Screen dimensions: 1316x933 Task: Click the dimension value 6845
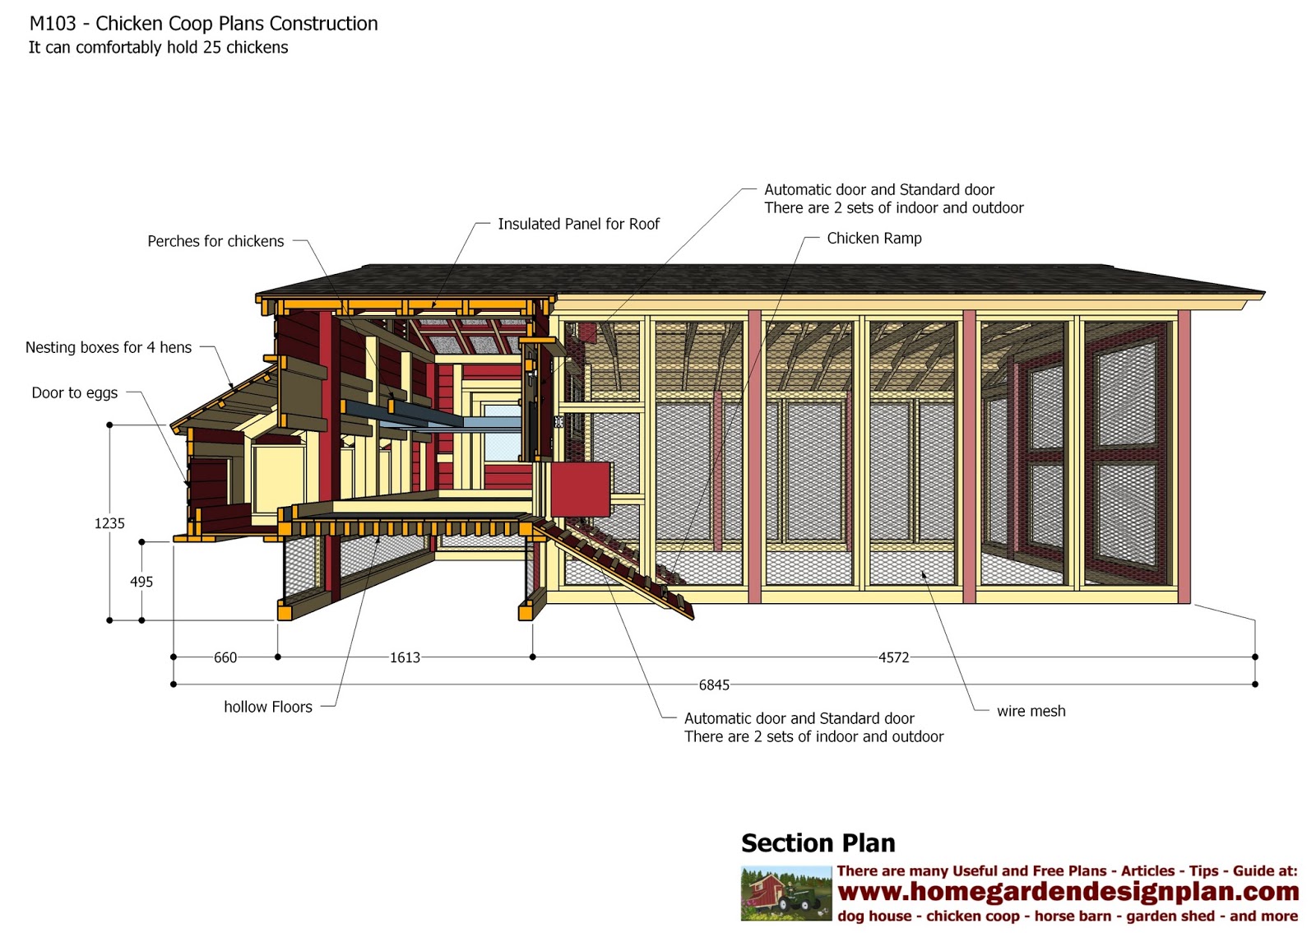tap(714, 685)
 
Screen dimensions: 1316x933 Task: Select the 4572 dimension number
tap(893, 657)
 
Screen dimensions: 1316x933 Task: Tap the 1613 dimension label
tap(405, 657)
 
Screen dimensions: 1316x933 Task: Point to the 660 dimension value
tap(225, 657)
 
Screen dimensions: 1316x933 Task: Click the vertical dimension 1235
tap(109, 523)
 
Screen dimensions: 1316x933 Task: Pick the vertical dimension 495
tap(141, 582)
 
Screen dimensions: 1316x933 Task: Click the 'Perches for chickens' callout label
tap(215, 241)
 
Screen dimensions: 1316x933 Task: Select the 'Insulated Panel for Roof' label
tap(578, 224)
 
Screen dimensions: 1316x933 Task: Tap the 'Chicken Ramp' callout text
tap(874, 238)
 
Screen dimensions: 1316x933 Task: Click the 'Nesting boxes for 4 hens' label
tap(109, 347)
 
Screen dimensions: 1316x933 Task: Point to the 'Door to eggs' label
tap(75, 392)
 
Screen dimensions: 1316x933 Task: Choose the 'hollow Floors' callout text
tap(268, 707)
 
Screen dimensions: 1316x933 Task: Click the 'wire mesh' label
tap(1031, 711)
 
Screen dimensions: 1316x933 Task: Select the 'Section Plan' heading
tap(818, 843)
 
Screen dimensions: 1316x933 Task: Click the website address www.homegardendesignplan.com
tap(1068, 892)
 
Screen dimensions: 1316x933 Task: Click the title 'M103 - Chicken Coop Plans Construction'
tap(204, 24)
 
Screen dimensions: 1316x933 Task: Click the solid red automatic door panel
tap(580, 489)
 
